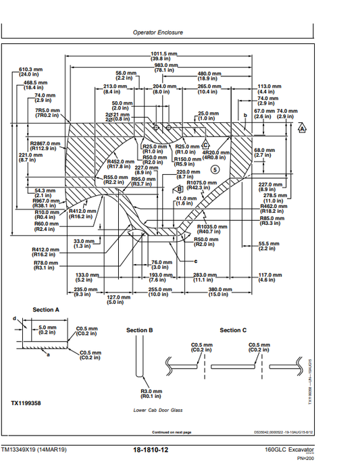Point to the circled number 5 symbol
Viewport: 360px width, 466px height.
(x=215, y=170)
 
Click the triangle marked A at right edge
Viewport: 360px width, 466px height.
(x=302, y=128)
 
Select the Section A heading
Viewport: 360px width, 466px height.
(x=46, y=310)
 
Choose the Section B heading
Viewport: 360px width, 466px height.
(x=140, y=330)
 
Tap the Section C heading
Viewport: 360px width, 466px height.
(x=233, y=330)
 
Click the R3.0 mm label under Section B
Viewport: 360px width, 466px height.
(x=149, y=393)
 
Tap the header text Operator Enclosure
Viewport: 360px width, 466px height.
(x=157, y=32)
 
